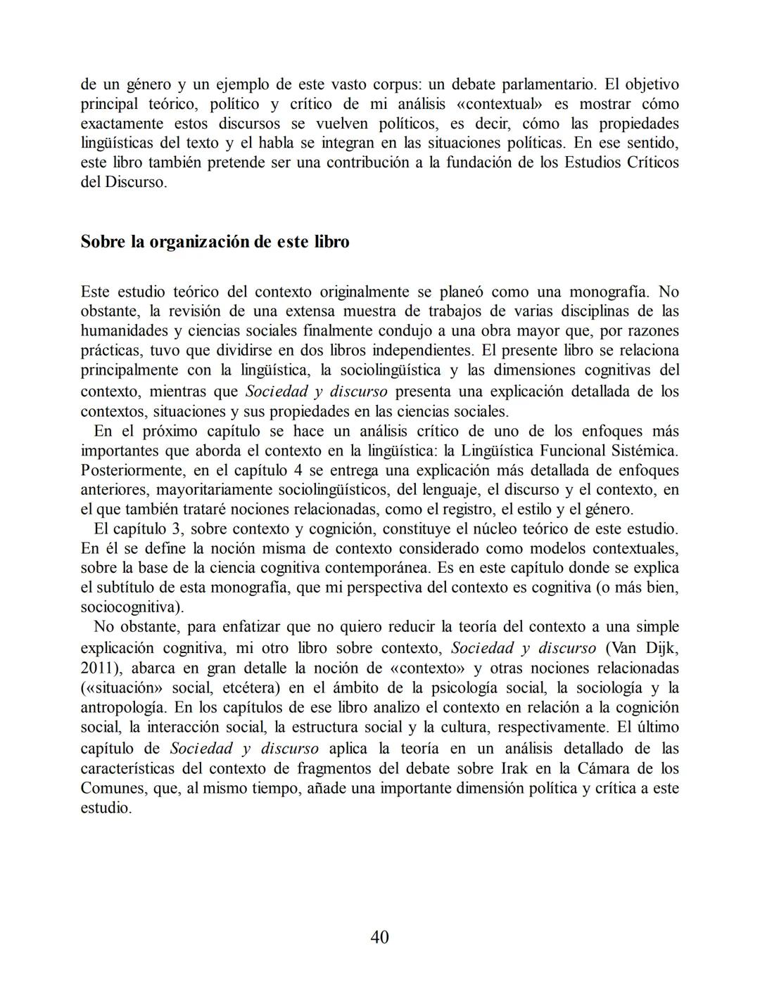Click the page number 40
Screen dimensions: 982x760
[379, 937]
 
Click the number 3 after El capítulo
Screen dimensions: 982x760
[176, 529]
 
